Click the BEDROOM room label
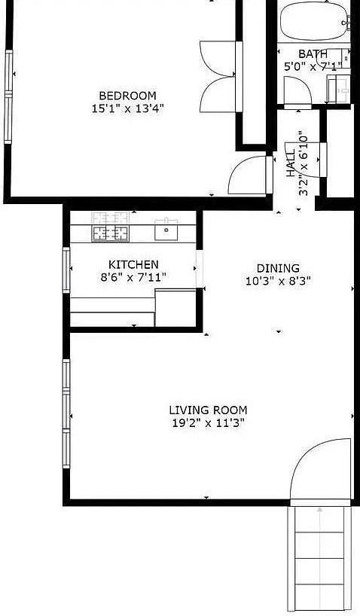tap(127, 96)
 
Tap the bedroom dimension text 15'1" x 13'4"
tap(127, 108)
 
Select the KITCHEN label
tap(133, 264)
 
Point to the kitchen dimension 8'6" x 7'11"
tap(133, 277)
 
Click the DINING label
tap(278, 268)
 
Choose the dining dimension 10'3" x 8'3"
tap(278, 280)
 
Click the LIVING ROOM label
tap(208, 410)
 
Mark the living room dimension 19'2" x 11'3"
tap(208, 422)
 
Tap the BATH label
tap(313, 54)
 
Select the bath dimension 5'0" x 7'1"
tap(312, 66)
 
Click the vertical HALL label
tap(290, 163)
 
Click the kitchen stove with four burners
tap(111, 233)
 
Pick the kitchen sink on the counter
tap(166, 232)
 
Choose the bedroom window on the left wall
tap(10, 96)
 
